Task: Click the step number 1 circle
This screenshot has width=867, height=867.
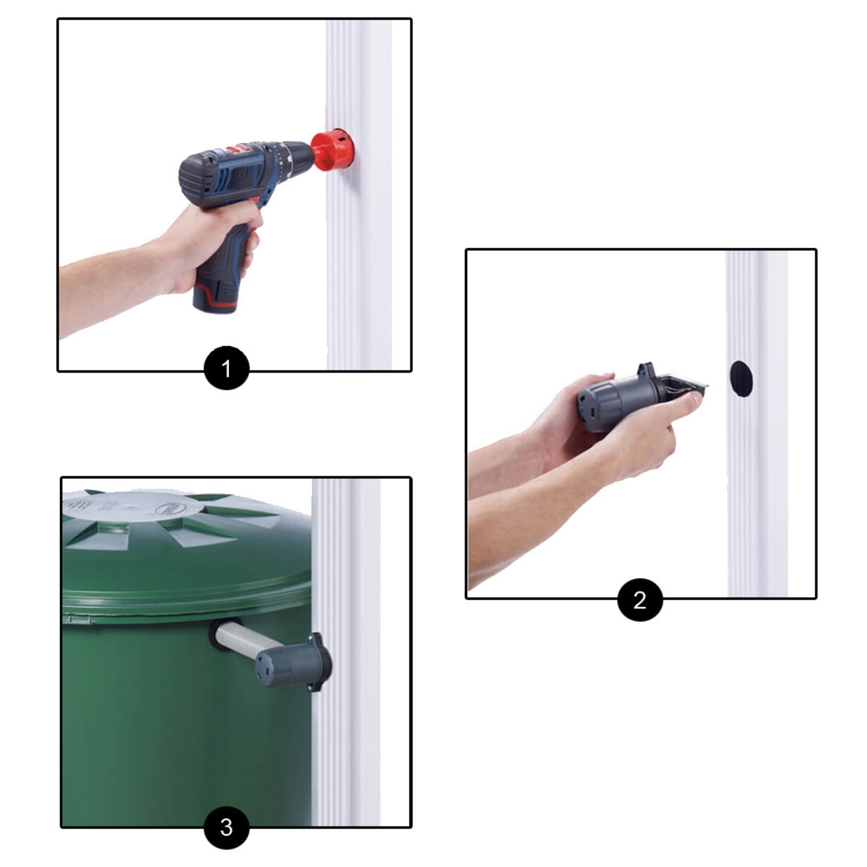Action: click(x=226, y=368)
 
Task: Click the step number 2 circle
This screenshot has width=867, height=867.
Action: click(x=640, y=599)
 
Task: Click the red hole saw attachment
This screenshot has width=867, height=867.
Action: click(x=332, y=151)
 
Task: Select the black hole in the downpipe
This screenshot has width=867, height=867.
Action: click(x=741, y=378)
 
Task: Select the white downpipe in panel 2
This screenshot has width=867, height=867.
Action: click(x=757, y=424)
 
